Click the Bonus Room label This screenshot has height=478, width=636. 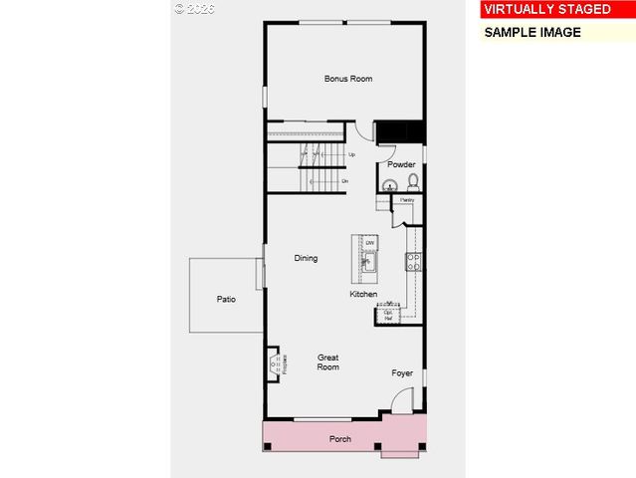(348, 79)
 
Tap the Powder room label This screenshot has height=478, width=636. (401, 164)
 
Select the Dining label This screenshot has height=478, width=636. (306, 259)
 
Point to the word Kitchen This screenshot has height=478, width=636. (363, 295)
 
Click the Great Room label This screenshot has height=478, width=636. (327, 362)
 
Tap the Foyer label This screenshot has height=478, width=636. (402, 373)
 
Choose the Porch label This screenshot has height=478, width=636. (340, 438)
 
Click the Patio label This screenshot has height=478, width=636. (226, 299)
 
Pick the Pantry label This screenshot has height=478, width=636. (406, 200)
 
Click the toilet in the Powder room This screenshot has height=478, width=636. (412, 182)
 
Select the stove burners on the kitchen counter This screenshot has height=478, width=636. (412, 262)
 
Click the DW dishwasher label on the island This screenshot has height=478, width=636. (369, 243)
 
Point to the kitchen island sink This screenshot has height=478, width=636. (368, 263)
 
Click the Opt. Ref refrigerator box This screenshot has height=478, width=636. (387, 316)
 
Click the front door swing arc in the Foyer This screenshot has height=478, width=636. (401, 401)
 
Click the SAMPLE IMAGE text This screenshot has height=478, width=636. (531, 32)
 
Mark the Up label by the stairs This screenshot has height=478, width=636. (351, 155)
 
